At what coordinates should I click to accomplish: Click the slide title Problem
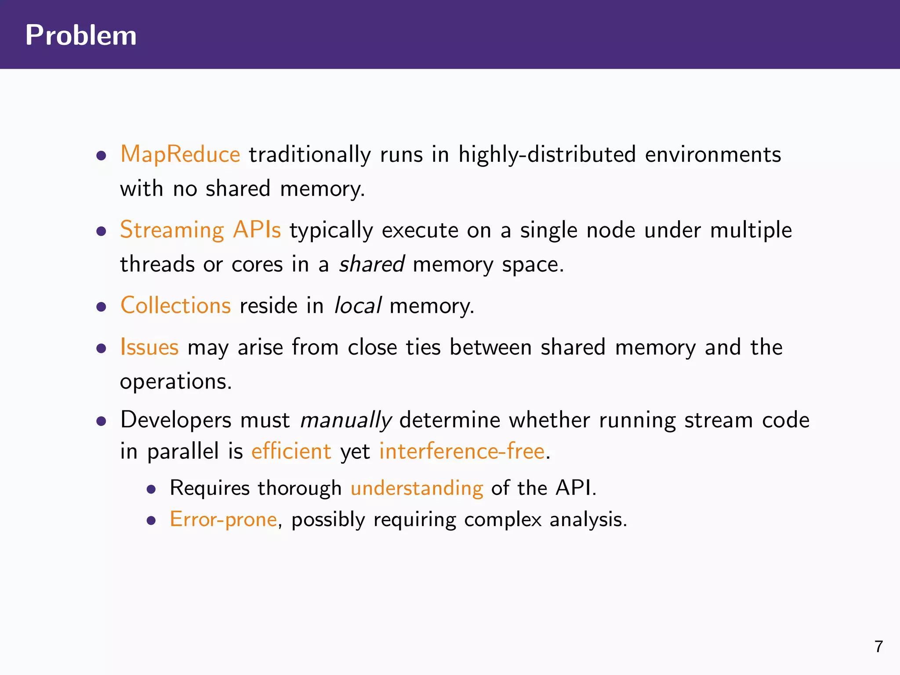pos(81,35)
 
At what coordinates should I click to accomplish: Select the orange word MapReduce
pos(180,155)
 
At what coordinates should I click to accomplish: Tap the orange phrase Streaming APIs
pos(200,230)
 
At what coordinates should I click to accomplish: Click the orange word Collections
pos(175,305)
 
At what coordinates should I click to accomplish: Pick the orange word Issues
pos(149,347)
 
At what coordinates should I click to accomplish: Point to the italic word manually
pos(345,420)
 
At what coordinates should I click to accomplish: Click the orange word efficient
pos(291,451)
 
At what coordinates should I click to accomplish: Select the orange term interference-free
pos(462,451)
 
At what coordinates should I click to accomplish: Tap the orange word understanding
pos(417,488)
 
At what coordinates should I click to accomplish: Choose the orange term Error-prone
pos(223,519)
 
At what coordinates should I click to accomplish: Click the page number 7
pos(878,646)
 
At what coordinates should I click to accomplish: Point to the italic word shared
pos(372,265)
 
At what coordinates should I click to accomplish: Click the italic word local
pos(358,305)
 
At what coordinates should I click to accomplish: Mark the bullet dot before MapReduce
pos(102,156)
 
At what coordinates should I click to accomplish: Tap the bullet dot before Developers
pos(102,421)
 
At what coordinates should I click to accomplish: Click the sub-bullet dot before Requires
pos(152,490)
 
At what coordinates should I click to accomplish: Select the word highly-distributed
pos(547,155)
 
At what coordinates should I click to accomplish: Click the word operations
pos(175,381)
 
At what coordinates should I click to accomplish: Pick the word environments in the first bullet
pos(713,155)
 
